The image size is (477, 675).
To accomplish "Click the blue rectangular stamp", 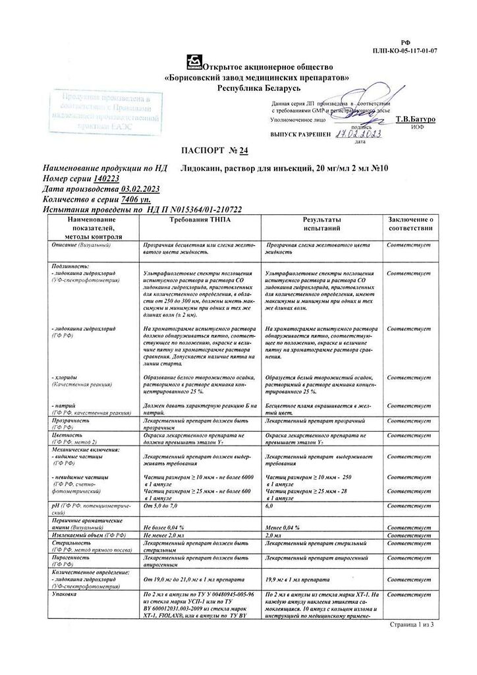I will pyautogui.click(x=106, y=111).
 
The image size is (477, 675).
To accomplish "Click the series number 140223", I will pyautogui.click(x=107, y=179).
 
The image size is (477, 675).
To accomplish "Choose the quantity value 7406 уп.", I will pyautogui.click(x=136, y=198).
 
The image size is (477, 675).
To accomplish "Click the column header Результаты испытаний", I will pyautogui.click(x=322, y=223).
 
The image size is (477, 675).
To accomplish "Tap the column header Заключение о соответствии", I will pyautogui.click(x=409, y=223).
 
